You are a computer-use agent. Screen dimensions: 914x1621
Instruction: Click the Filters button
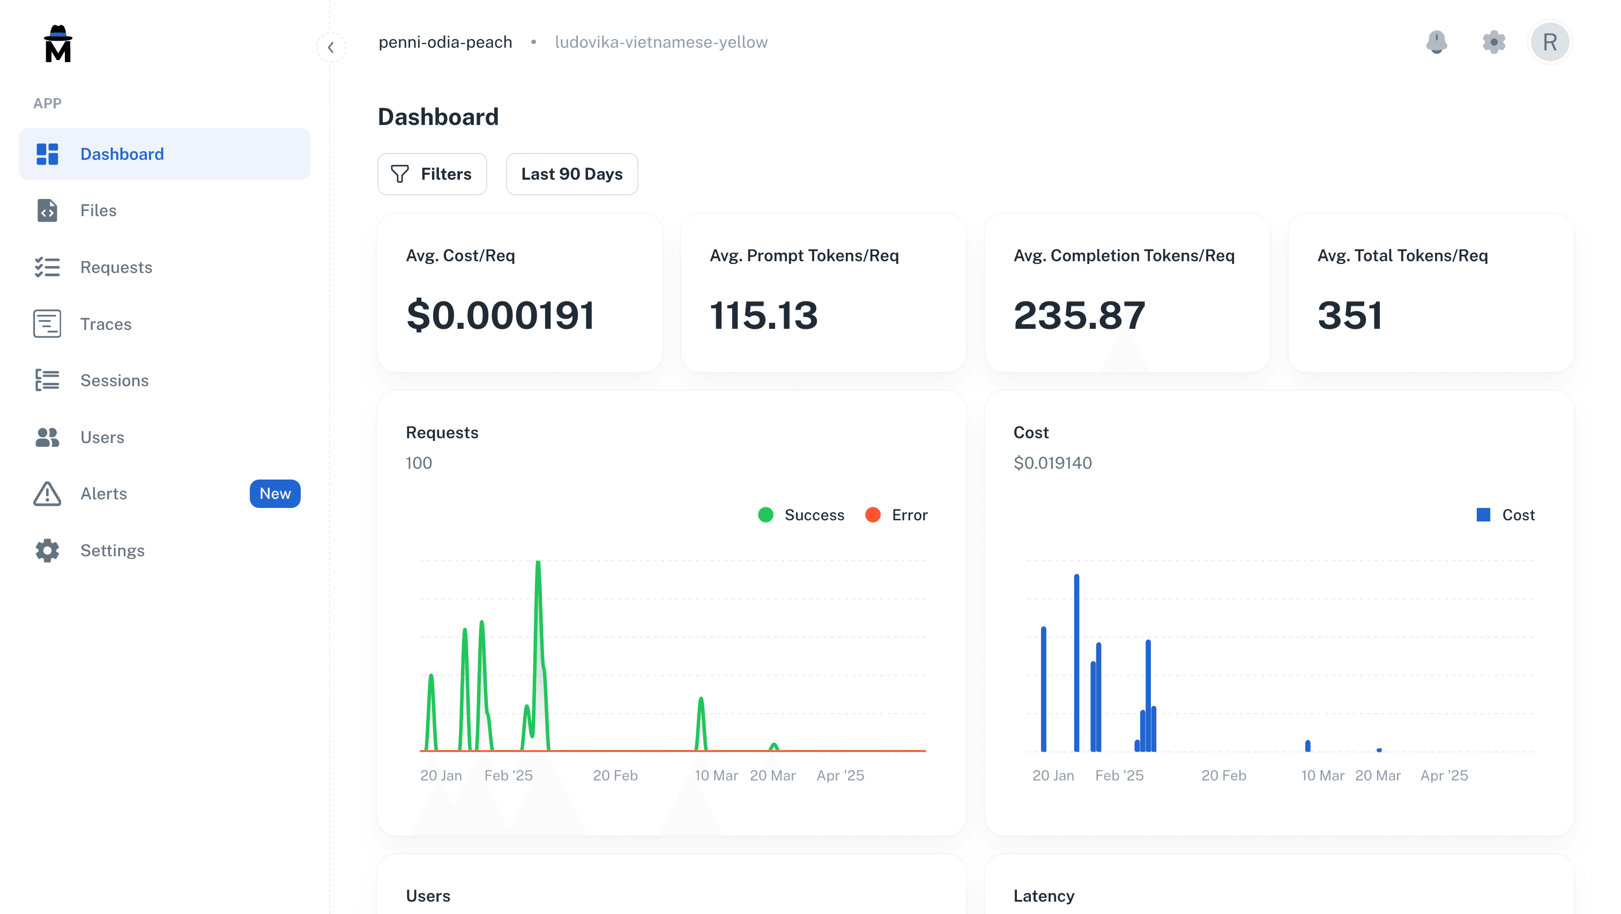[x=432, y=174]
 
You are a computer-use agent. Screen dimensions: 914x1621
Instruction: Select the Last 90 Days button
[x=571, y=174]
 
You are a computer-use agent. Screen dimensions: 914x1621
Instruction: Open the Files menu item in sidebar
[x=98, y=210]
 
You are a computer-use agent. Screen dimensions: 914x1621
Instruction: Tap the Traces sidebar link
[x=106, y=324]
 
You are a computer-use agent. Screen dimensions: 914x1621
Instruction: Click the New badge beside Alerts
[x=275, y=493]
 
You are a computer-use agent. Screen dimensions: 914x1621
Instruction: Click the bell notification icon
[x=1436, y=42]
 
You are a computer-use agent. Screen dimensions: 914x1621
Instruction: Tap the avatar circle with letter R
[x=1549, y=42]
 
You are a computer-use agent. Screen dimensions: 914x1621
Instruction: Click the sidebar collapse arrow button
[x=331, y=47]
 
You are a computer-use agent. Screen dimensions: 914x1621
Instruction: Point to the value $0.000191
[x=500, y=315]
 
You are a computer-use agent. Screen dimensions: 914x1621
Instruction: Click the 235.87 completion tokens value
[x=1079, y=315]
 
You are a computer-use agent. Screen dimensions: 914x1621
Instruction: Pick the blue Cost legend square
[x=1483, y=515]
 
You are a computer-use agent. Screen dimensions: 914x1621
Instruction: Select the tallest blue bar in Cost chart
[x=1077, y=661]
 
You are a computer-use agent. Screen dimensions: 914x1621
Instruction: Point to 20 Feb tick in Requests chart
[x=615, y=776]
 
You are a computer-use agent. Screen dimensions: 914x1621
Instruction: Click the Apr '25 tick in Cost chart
[x=1444, y=776]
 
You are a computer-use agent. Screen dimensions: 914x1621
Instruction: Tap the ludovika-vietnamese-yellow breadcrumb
[x=661, y=42]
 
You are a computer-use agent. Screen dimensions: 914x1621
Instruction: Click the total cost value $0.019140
[x=1052, y=463]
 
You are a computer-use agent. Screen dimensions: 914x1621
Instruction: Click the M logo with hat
[x=58, y=44]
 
